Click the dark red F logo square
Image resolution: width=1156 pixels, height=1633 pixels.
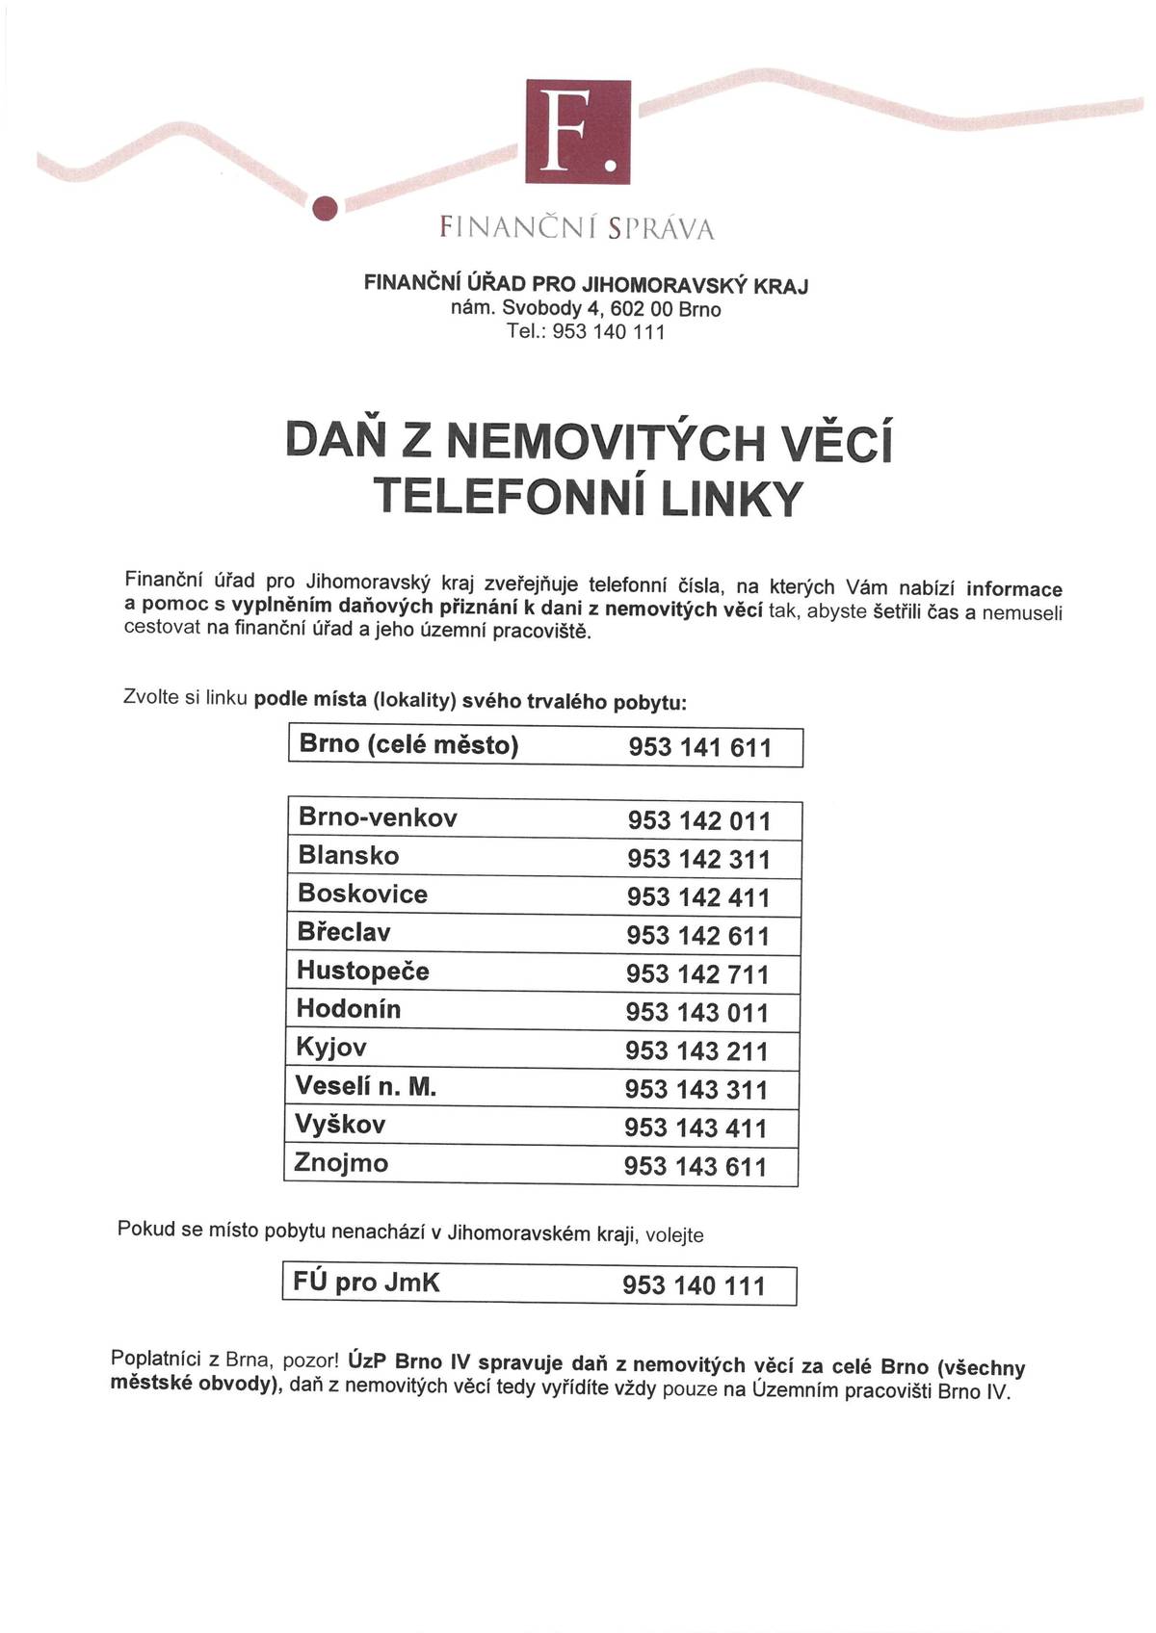578,132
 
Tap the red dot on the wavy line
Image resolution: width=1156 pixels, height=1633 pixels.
326,206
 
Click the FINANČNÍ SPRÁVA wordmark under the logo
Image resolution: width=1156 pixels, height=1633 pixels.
577,228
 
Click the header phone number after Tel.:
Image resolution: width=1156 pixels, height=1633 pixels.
609,332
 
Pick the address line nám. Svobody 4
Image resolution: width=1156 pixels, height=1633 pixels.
586,309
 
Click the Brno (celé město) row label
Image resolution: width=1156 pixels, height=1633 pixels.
408,744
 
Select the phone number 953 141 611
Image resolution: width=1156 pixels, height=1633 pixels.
699,747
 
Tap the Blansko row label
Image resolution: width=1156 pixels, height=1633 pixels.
349,855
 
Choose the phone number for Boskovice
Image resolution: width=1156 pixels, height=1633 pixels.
698,897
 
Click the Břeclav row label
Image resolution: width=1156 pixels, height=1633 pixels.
344,932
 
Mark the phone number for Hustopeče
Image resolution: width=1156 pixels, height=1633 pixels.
697,974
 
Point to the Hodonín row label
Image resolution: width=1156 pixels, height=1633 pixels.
349,1009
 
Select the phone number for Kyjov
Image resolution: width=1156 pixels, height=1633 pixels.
696,1051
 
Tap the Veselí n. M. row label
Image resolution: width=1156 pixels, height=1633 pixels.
366,1087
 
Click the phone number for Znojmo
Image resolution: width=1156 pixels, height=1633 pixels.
696,1167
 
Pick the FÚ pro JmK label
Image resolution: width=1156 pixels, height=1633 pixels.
366,1283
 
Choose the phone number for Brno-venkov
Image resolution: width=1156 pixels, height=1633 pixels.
699,821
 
